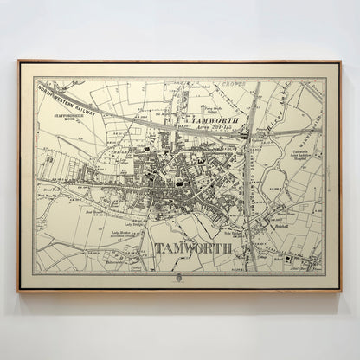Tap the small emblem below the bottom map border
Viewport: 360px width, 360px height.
click(178, 279)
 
